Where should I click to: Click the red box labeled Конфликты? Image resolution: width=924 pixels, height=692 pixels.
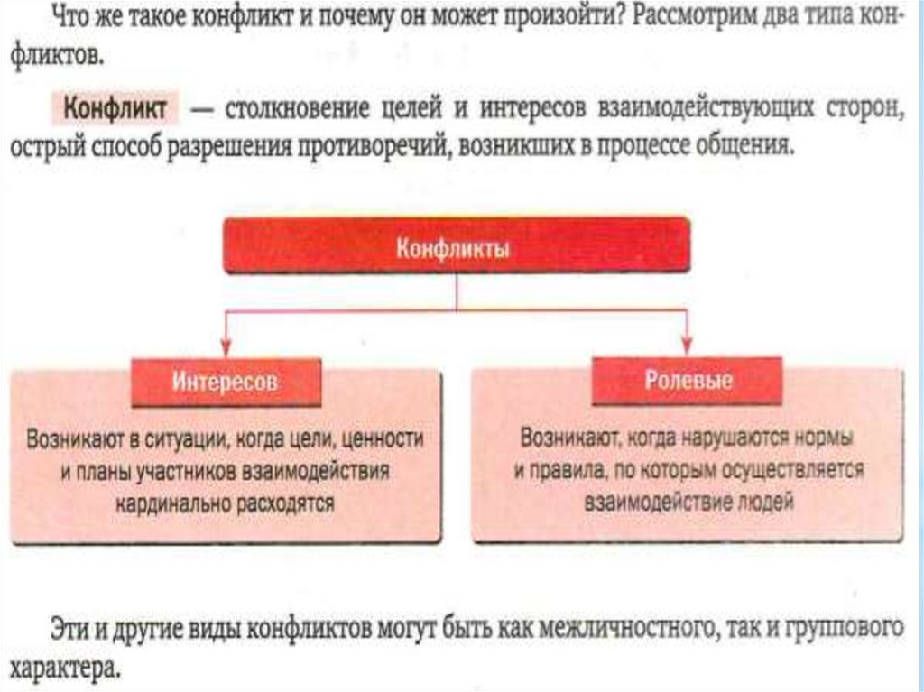tap(457, 245)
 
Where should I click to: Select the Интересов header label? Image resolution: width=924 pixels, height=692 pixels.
tap(226, 382)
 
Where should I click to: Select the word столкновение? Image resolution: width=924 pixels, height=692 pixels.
tap(285, 111)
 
